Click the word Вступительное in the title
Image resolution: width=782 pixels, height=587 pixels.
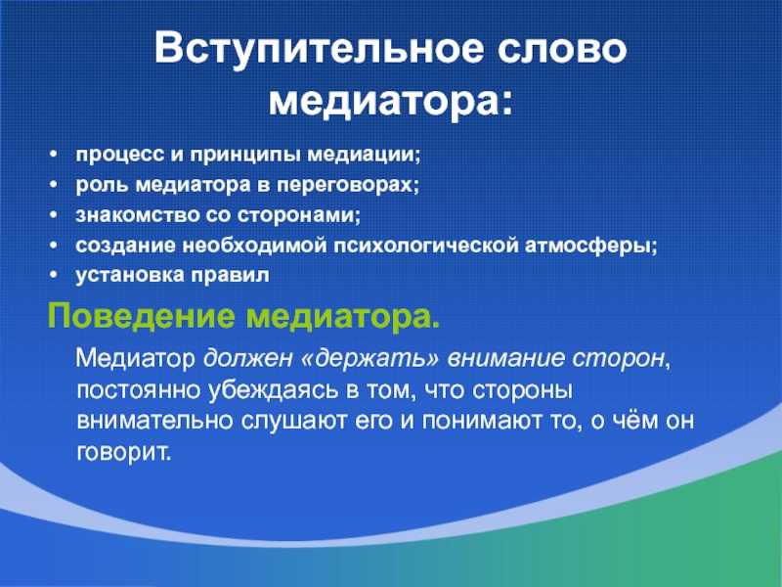(320, 49)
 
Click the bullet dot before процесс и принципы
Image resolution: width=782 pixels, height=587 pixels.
(54, 155)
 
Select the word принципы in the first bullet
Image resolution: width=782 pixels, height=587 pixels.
(245, 156)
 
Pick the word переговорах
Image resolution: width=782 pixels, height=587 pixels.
(348, 185)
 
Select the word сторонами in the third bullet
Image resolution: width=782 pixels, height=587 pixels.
(298, 215)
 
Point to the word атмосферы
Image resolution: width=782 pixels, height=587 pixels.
(591, 246)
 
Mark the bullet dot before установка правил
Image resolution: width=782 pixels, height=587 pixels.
(54, 276)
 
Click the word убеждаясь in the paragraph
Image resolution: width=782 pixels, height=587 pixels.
(274, 390)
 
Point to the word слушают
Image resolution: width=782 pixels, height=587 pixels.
(295, 422)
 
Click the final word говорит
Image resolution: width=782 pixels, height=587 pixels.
(124, 453)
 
